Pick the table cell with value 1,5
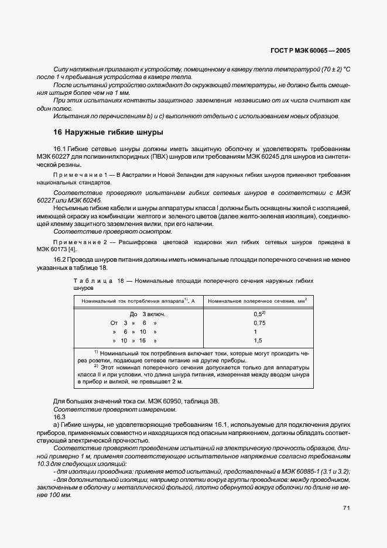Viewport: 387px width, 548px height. coord(258,340)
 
